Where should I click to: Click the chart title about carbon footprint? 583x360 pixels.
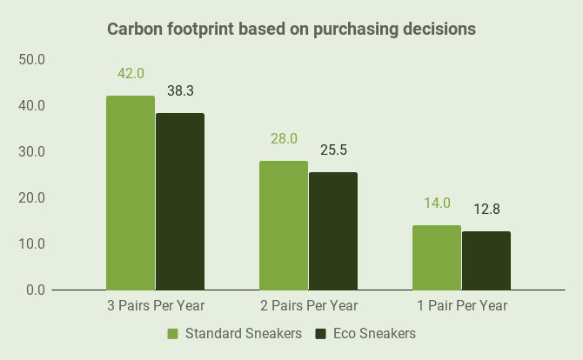[x=291, y=29]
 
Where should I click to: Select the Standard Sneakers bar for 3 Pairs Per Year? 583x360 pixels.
[x=131, y=192]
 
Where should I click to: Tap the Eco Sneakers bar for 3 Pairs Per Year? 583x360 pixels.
[x=180, y=201]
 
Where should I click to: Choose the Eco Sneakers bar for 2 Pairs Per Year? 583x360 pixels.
[x=333, y=230]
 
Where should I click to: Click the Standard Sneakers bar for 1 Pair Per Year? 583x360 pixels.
[x=437, y=257]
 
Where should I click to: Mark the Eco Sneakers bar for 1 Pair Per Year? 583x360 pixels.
[x=486, y=260]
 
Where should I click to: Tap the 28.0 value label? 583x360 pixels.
[x=284, y=139]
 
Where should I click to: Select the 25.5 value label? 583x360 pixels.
[x=333, y=150]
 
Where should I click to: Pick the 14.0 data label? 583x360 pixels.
[x=437, y=203]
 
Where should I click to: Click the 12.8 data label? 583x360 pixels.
[x=486, y=210]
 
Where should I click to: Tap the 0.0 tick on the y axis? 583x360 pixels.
[x=34, y=289]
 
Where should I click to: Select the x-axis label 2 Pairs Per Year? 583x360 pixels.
[x=308, y=306]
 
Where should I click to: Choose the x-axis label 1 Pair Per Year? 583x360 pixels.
[x=461, y=306]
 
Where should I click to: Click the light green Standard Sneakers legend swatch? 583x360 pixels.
[x=172, y=334]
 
